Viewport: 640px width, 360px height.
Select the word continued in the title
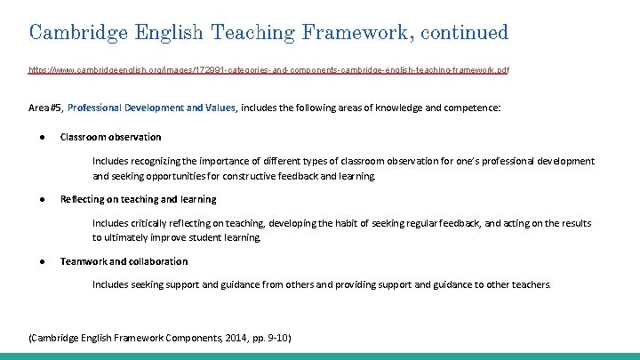click(x=464, y=33)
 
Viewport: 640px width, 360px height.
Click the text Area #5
click(x=45, y=108)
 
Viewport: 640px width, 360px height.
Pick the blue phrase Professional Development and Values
click(x=151, y=108)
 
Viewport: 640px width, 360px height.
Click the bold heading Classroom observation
click(x=110, y=137)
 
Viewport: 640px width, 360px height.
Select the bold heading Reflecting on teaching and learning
click(x=138, y=199)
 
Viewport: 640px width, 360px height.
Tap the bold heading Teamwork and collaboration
click(x=124, y=261)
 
